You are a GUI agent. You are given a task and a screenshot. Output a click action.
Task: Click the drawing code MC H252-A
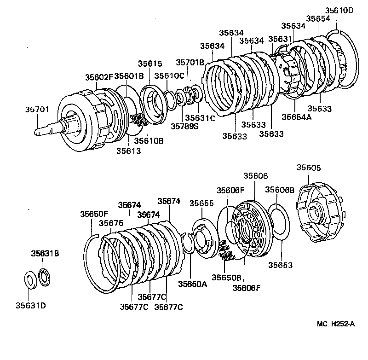335,324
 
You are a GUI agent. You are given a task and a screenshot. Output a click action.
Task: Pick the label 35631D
31,305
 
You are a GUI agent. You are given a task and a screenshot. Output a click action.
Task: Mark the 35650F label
93,214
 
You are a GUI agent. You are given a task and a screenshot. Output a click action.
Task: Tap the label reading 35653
281,265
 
